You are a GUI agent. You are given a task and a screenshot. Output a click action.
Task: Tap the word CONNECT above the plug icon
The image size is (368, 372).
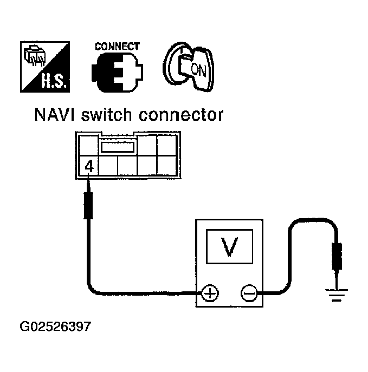117,47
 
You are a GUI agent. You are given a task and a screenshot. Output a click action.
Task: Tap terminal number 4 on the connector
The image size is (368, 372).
89,165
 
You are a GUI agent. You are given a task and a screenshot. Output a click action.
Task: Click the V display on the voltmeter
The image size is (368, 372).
230,247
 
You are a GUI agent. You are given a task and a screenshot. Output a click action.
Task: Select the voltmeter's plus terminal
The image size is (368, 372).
210,293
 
